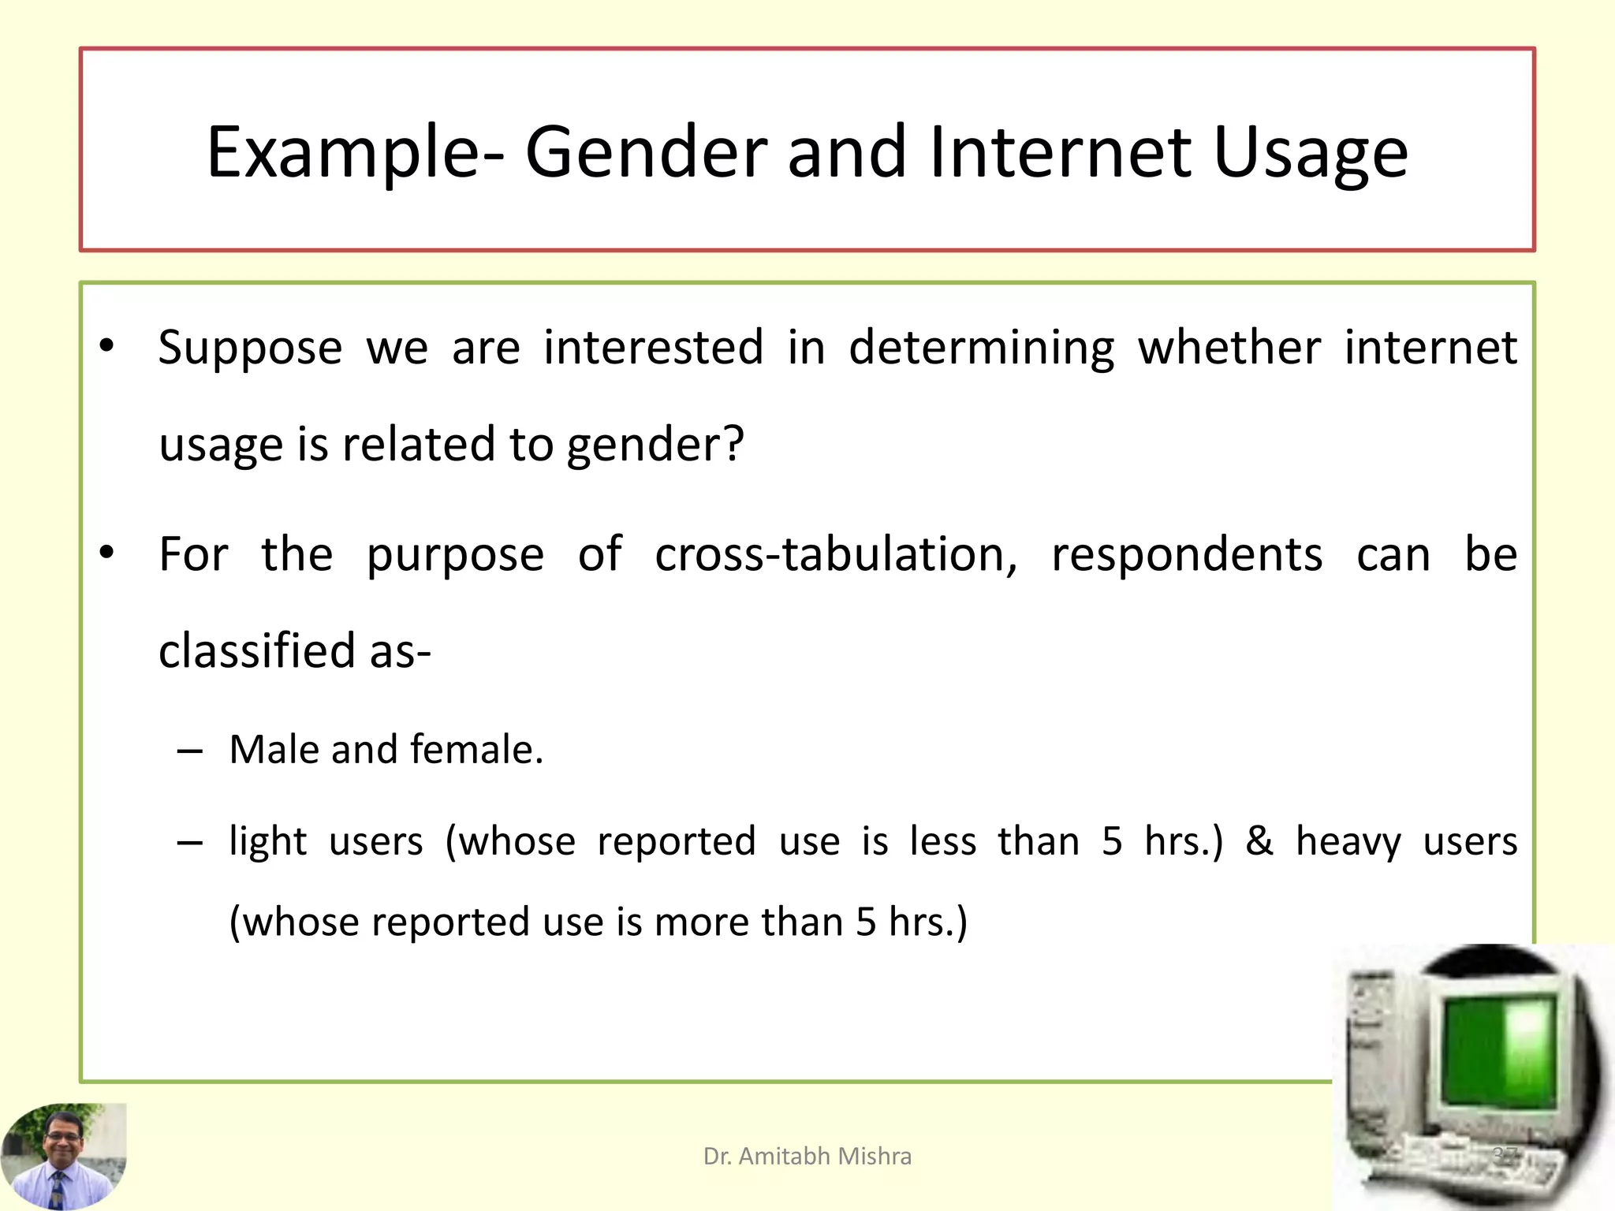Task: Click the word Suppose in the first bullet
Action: [250, 348]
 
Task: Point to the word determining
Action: [981, 348]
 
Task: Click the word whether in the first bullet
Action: [1229, 348]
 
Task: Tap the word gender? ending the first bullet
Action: [655, 445]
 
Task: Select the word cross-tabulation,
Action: [836, 554]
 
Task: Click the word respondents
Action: [1187, 554]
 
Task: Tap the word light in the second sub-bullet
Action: [267, 841]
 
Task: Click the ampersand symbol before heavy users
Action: [1259, 840]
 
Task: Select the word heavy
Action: [1348, 841]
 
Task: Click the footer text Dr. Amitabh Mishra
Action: [807, 1156]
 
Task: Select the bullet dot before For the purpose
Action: [107, 553]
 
